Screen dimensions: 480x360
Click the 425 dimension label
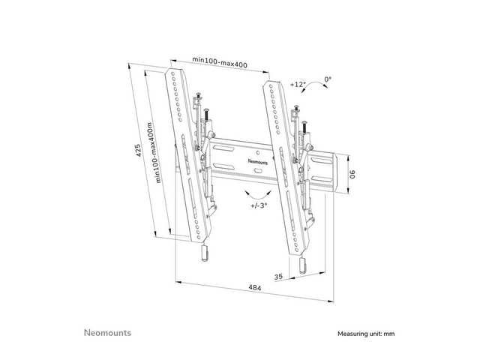[138, 150]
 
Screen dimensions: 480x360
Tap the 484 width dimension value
[255, 288]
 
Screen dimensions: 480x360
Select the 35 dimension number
[278, 277]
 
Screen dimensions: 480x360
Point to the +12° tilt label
[298, 84]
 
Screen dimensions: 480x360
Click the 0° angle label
[328, 79]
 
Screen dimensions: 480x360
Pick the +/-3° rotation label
[259, 205]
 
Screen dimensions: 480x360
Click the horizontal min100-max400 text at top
[220, 61]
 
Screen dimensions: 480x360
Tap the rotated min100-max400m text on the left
[154, 153]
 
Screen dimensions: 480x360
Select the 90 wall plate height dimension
[352, 175]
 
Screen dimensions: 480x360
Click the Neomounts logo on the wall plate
[258, 162]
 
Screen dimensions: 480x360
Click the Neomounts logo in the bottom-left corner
[107, 333]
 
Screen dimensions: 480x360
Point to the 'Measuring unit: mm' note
[366, 334]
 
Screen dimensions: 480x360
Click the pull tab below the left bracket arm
[205, 253]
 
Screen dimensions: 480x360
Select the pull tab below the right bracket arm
[302, 265]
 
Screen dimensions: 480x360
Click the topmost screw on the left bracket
[198, 96]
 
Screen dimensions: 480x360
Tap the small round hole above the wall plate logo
[258, 152]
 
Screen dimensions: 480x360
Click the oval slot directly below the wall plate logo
[259, 170]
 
